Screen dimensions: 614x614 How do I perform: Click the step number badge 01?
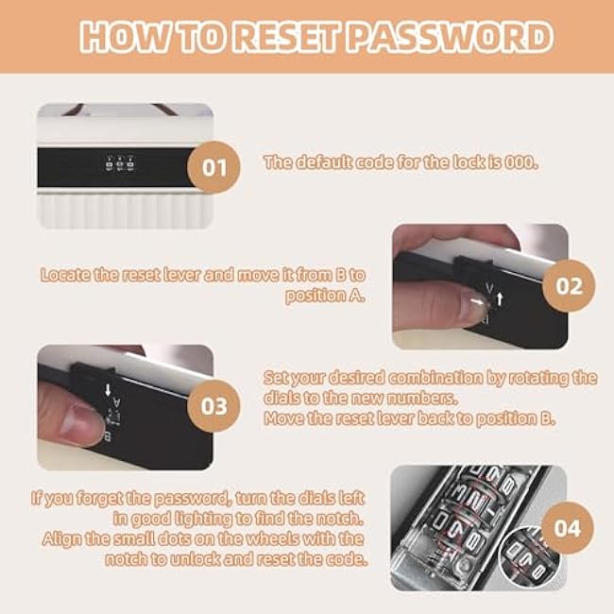pos(214,167)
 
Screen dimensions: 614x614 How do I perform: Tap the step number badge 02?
pos(569,286)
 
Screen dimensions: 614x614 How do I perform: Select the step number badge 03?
pos(214,406)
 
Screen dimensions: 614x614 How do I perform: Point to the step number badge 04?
pos(569,527)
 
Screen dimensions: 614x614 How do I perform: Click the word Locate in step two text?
pos(66,275)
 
